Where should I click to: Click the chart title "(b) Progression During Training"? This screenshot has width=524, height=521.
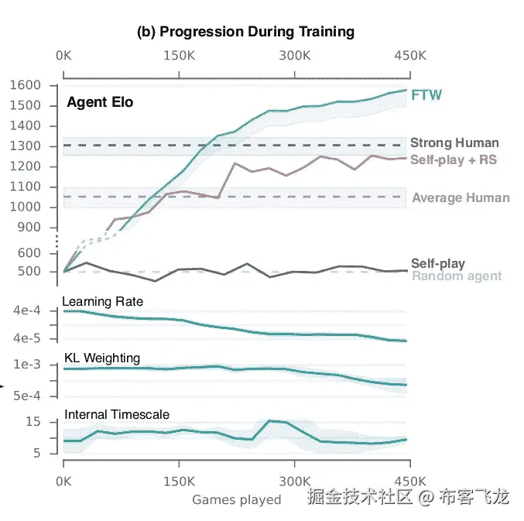245,32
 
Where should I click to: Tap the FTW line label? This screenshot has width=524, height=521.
426,95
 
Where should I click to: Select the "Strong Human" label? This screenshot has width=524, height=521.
454,142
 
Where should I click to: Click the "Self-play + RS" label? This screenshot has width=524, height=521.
454,159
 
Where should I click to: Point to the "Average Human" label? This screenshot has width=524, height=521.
461,197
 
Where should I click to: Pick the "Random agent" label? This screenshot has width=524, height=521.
457,276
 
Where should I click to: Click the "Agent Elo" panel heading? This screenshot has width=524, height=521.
100,101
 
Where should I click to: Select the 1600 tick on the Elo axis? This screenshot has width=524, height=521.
37,85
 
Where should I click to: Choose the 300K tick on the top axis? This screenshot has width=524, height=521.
294,56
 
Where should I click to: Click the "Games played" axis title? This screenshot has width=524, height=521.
237,499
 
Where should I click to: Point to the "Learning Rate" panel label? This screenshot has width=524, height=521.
102,301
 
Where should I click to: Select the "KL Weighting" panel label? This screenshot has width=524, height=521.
101,358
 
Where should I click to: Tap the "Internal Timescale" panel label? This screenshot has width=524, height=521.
116,415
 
